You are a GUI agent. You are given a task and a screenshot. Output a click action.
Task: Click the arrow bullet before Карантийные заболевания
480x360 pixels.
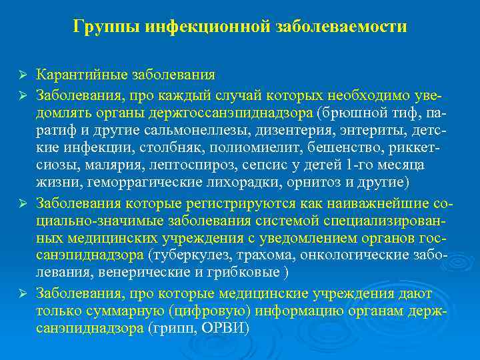pos(23,73)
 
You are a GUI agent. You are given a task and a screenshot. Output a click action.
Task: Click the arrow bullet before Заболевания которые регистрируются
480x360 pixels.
pos(23,200)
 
